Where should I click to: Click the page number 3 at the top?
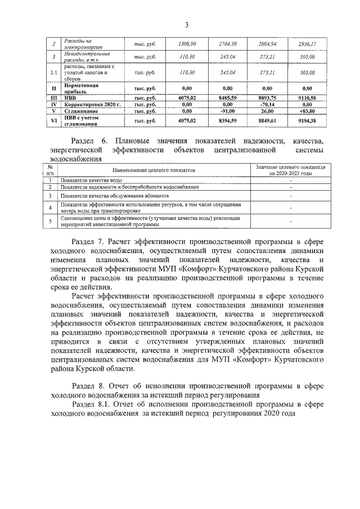(x=186, y=24)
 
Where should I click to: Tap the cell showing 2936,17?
(x=307, y=44)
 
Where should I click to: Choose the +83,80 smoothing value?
(x=307, y=111)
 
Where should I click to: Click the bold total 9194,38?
(x=307, y=121)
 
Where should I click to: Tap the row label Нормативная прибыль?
(x=82, y=88)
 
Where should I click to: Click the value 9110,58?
(x=307, y=98)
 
